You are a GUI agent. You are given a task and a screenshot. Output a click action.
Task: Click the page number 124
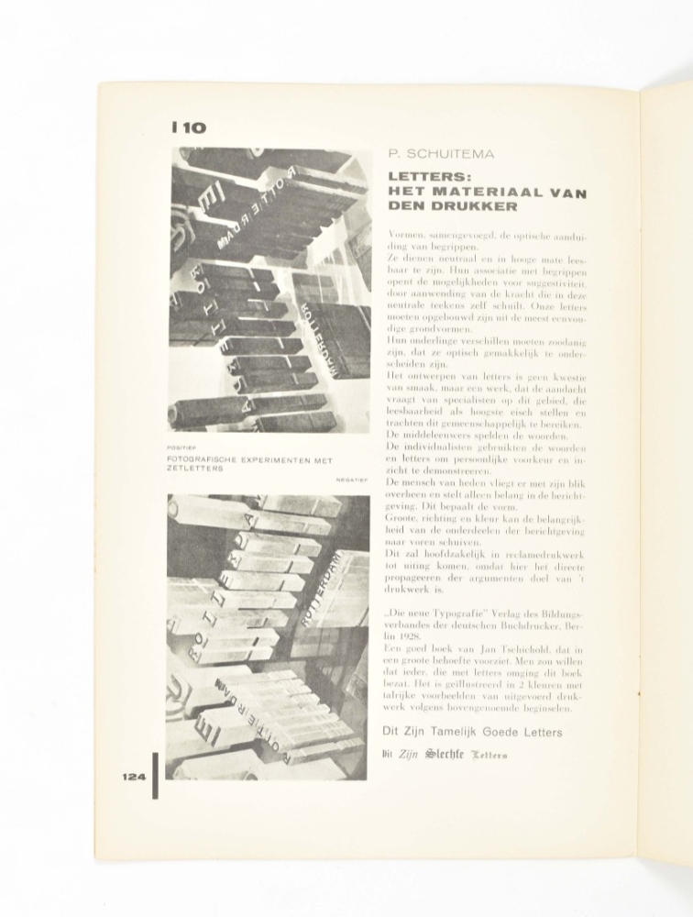click(134, 777)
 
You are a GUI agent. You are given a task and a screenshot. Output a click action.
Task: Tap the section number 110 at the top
click(187, 128)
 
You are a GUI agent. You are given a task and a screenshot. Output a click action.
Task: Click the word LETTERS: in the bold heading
click(423, 176)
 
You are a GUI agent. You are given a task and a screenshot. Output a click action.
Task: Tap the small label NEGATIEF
click(350, 478)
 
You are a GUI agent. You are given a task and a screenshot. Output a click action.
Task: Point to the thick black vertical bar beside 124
click(155, 775)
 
